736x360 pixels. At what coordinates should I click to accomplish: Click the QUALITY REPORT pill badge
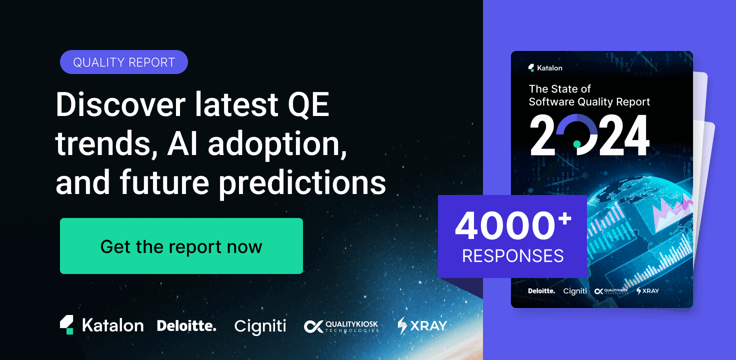pos(123,62)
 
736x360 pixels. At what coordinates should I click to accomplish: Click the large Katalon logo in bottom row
pos(102,325)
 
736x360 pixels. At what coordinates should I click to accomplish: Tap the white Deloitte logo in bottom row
pos(186,326)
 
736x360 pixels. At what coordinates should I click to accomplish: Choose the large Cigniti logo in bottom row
pos(260,326)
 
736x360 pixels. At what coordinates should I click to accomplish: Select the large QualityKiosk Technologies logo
pos(341,326)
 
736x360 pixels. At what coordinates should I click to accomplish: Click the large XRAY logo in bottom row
pos(421,326)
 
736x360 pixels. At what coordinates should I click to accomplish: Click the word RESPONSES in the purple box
pos(512,256)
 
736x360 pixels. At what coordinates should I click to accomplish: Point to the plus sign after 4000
pos(564,218)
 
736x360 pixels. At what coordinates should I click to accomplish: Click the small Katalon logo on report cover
pos(545,67)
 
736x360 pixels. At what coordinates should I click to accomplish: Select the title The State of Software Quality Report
pos(589,95)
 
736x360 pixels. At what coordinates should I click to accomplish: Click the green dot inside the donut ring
pos(577,143)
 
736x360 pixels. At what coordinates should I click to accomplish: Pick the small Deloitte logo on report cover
pos(541,290)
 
